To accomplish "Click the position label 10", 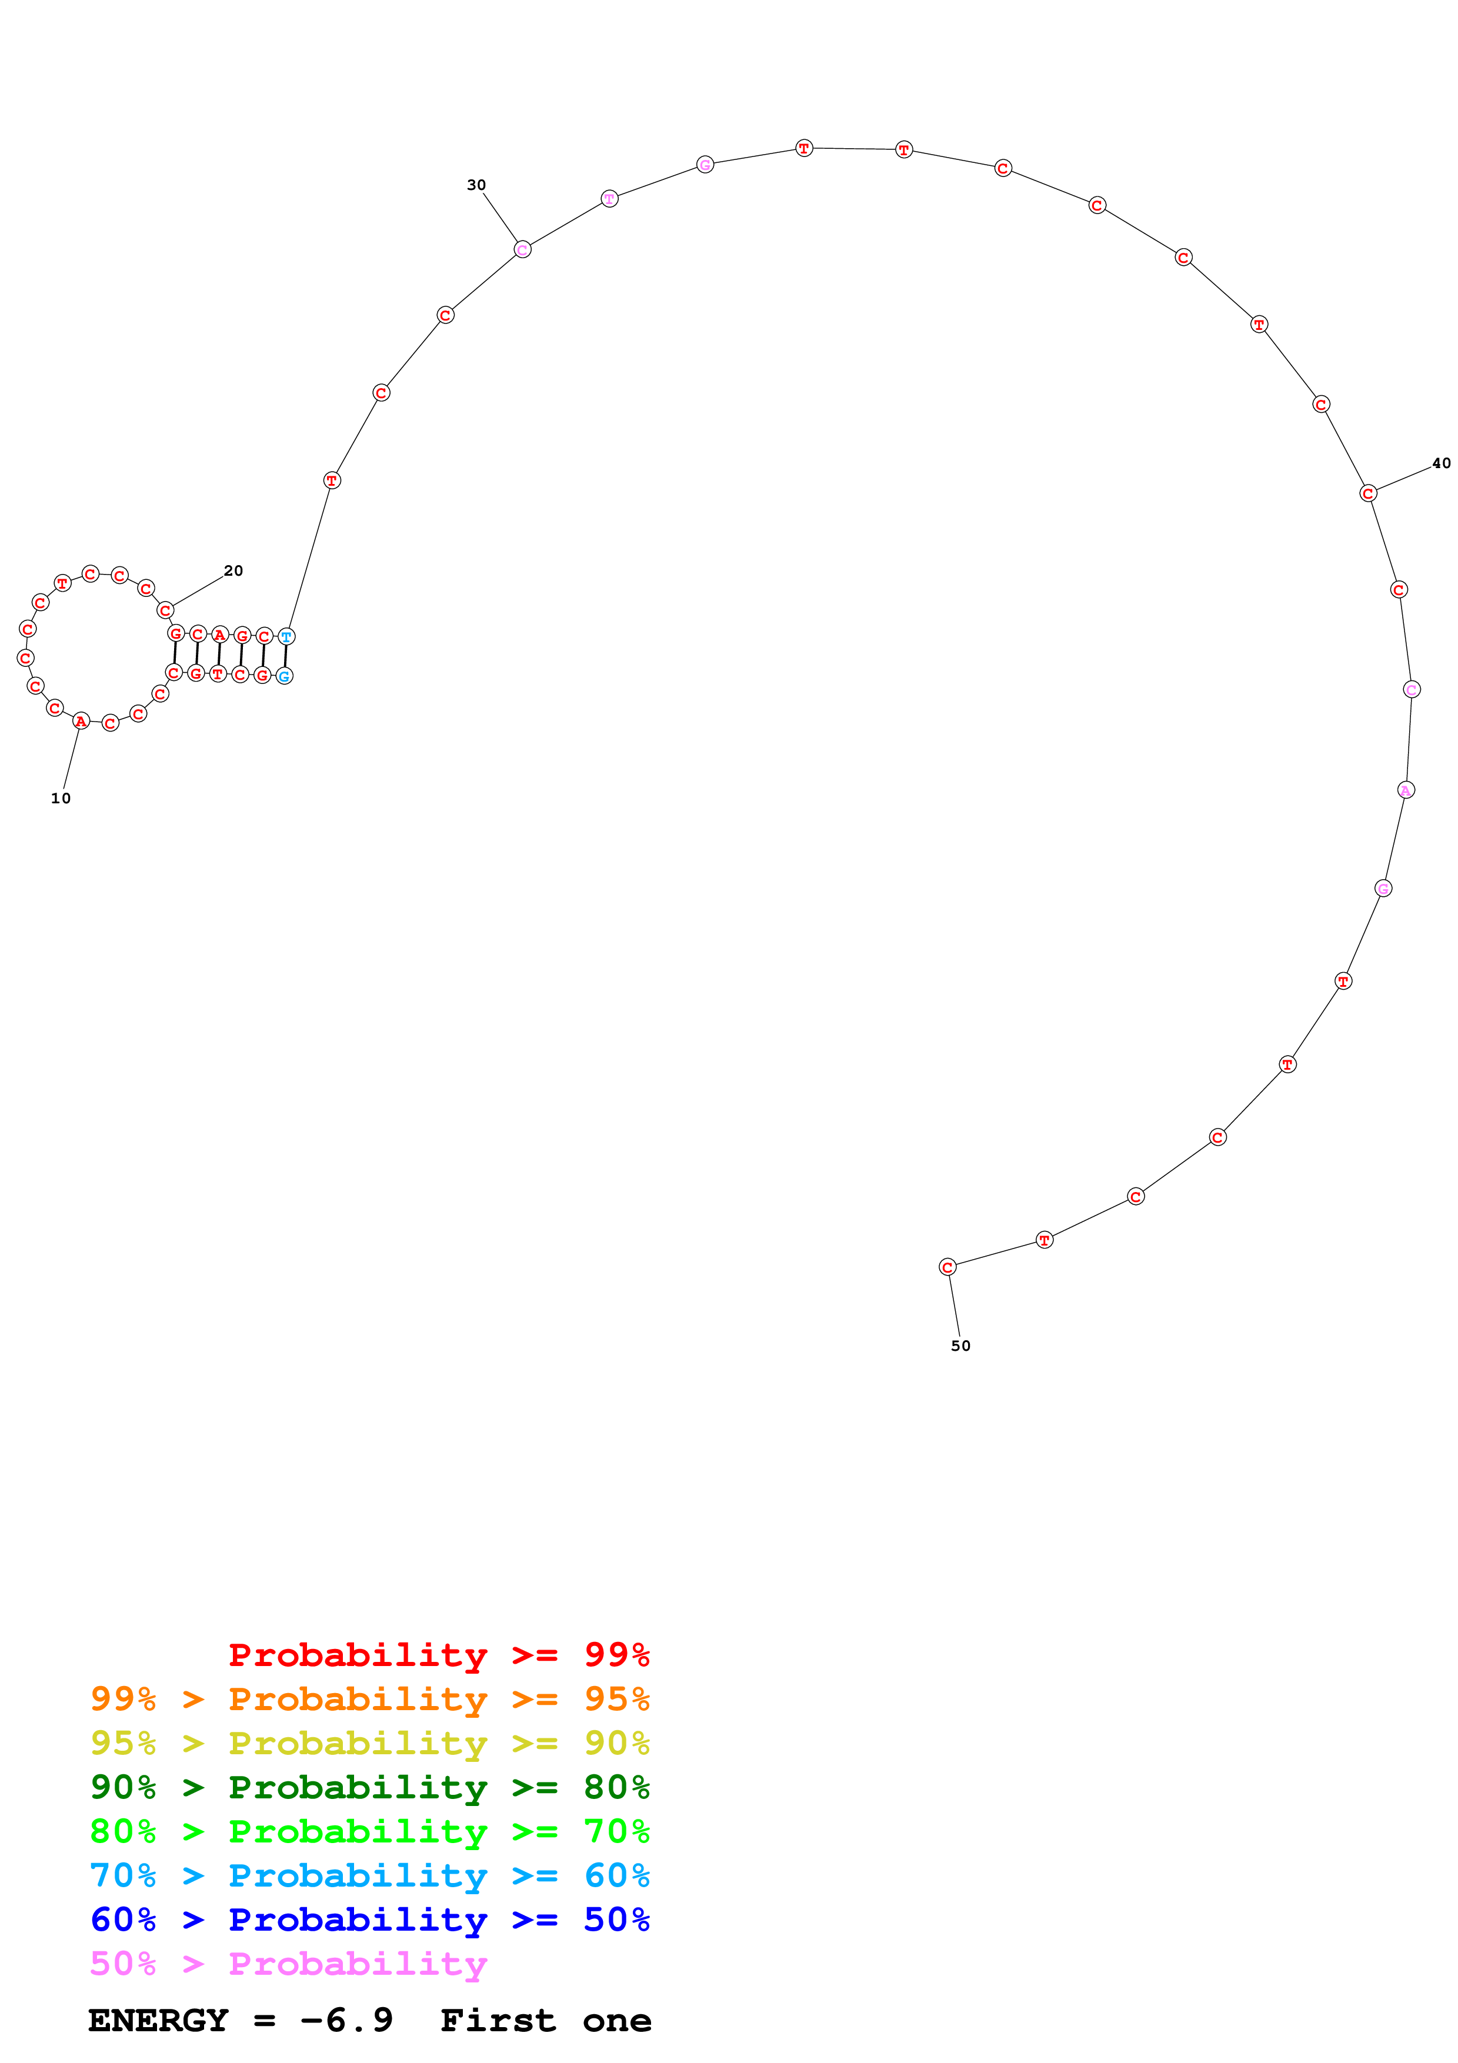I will [60, 798].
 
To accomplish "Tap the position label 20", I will [233, 570].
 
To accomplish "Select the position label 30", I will [476, 185].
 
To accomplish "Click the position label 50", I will [960, 1345].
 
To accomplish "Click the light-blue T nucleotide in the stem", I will [286, 636].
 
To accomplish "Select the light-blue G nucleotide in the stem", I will [284, 676].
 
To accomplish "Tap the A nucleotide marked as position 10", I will [81, 720].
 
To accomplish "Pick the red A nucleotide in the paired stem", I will [219, 635].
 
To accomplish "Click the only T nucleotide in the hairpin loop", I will [62, 583].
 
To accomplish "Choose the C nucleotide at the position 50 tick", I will [947, 1267].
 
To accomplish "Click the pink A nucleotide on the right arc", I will [1406, 790].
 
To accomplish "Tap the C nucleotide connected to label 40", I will [1367, 493].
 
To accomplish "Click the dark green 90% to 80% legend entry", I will [369, 1787].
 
